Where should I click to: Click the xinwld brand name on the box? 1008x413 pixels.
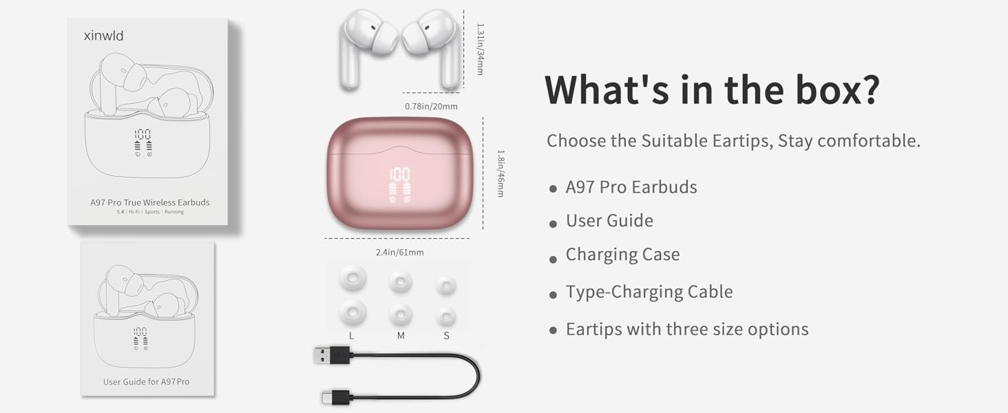click(x=103, y=36)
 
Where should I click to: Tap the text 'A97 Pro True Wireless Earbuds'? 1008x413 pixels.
click(x=149, y=202)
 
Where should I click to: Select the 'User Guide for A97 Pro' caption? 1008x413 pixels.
click(x=146, y=381)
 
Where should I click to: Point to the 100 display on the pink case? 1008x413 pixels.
click(x=399, y=174)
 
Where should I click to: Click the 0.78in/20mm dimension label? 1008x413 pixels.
click(x=431, y=106)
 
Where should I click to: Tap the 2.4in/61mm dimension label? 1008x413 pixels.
click(x=399, y=253)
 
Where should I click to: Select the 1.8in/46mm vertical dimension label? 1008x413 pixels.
click(x=501, y=174)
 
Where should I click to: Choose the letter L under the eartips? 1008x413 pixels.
click(x=352, y=336)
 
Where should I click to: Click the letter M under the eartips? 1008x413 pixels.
click(x=401, y=336)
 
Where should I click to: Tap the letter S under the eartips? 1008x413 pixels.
click(x=446, y=336)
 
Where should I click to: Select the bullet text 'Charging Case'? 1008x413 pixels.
click(x=622, y=255)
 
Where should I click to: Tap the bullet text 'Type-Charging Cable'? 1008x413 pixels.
click(x=649, y=292)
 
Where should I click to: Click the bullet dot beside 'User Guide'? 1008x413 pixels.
click(x=553, y=224)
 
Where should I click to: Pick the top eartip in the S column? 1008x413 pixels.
click(x=446, y=284)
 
